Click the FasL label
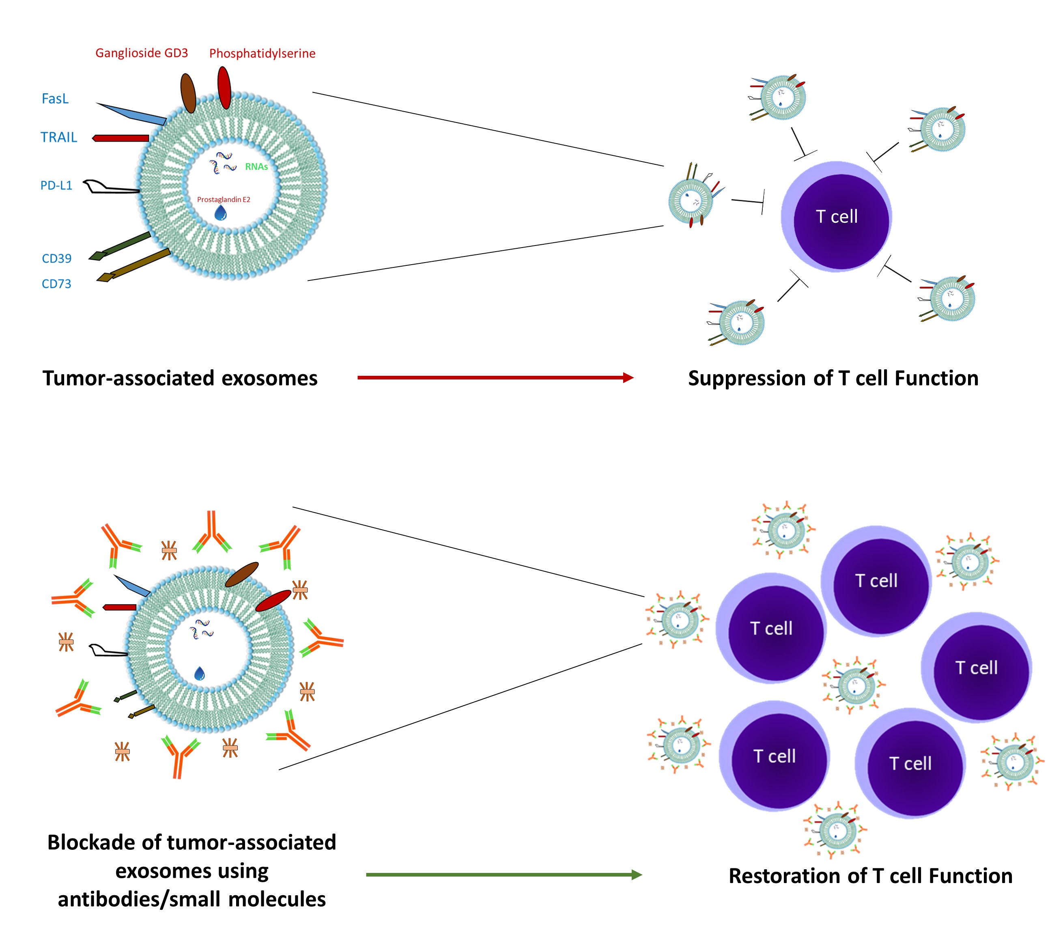point(55,99)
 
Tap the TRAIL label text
point(59,138)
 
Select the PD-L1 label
point(56,185)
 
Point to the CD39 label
point(56,259)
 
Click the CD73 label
point(56,284)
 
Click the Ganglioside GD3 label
point(142,53)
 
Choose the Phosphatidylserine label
point(262,54)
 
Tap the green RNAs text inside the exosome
point(256,167)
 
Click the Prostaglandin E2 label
point(224,200)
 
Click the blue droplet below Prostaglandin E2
point(221,213)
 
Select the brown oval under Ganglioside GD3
point(188,93)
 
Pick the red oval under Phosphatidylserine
point(224,88)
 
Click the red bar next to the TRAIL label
point(121,138)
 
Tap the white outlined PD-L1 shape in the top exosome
point(110,187)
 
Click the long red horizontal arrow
point(495,378)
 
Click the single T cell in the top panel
point(837,217)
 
